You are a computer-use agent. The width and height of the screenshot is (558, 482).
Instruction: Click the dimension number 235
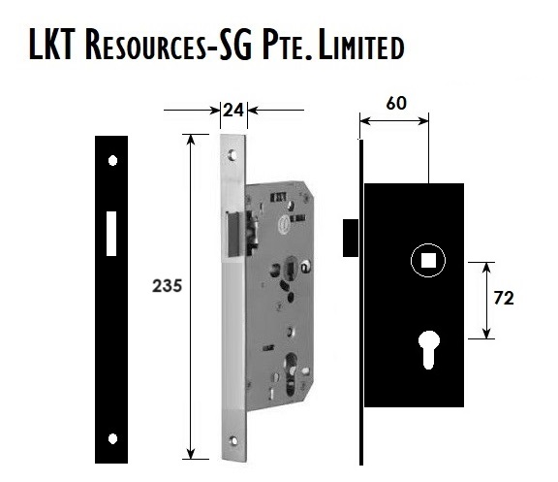pos(167,286)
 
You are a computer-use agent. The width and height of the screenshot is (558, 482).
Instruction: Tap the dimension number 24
pos(233,111)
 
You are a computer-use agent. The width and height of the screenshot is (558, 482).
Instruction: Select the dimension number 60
pos(395,103)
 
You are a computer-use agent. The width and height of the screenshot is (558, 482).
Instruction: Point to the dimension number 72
pos(504,298)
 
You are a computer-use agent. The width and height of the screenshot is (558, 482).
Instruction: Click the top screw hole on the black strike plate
pos(112,160)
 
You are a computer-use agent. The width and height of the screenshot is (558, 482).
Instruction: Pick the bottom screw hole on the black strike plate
pos(112,439)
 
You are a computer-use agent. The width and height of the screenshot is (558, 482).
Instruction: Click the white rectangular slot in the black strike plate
pos(111,234)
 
